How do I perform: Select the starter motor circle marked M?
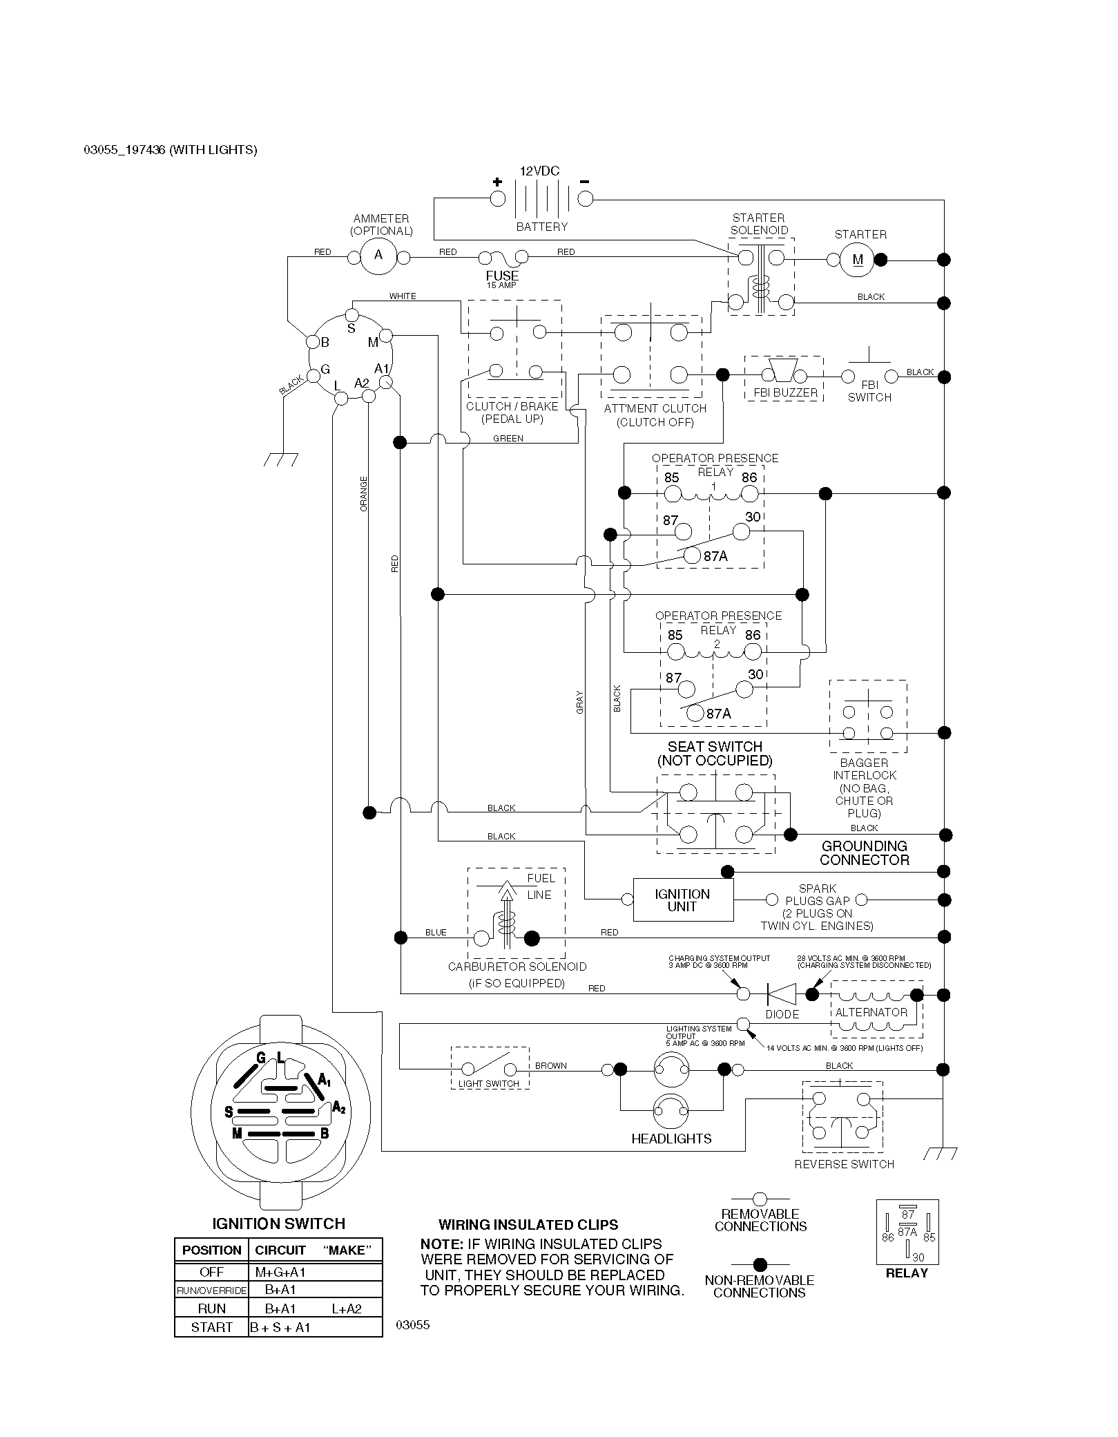pos(858,260)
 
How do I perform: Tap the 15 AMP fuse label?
pos(501,285)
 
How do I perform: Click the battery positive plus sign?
pos(497,182)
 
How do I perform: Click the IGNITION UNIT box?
pos(683,900)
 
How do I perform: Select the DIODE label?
pos(782,1014)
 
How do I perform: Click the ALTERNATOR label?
pos(871,1012)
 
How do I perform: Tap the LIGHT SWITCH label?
pos(489,1083)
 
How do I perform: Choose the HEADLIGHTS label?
pos(671,1139)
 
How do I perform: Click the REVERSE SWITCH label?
pos(844,1164)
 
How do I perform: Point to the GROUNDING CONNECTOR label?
pos(865,853)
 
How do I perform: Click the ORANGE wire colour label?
pos(364,494)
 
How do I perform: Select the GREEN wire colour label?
pos(508,439)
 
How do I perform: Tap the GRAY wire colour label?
pos(580,702)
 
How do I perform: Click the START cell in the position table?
pos(211,1327)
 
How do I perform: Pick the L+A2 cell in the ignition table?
pos(347,1308)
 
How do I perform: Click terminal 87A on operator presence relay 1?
pos(691,555)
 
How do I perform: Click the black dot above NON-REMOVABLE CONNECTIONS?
pos(760,1265)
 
